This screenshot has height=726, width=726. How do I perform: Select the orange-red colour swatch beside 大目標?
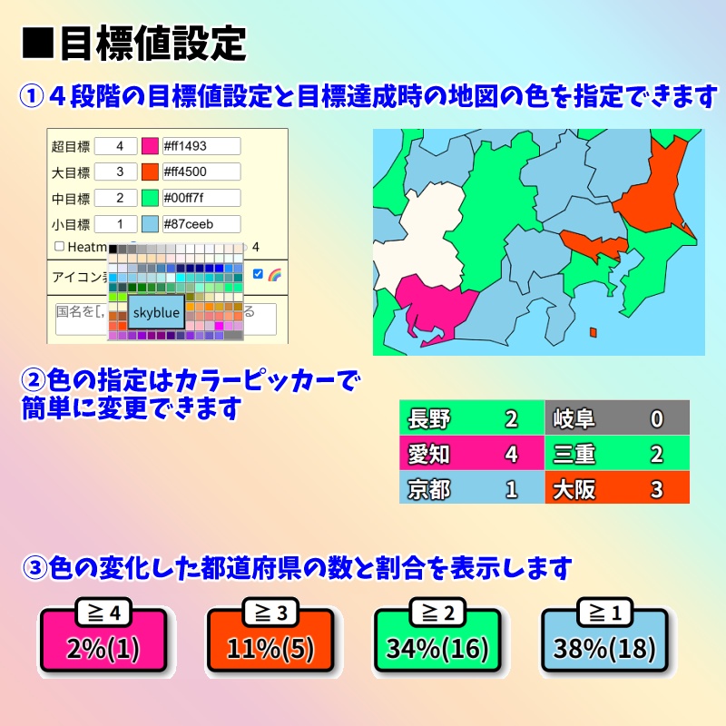coord(150,172)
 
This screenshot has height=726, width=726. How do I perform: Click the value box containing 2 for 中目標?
coord(115,197)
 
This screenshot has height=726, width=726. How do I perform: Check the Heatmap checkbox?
coord(60,246)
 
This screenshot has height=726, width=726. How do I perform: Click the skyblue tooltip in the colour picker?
coord(156,311)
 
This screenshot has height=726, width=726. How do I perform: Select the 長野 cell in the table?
coord(471,418)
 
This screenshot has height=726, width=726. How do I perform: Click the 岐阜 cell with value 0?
coord(617,418)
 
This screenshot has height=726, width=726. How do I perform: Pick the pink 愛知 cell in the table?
coord(471,454)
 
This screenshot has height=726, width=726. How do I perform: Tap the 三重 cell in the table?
coord(617,454)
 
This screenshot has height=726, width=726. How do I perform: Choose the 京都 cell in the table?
coord(471,489)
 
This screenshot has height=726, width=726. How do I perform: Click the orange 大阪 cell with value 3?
coord(617,489)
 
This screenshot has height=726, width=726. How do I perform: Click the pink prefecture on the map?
coord(436,313)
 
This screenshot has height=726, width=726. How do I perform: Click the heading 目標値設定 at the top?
coord(152,43)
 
